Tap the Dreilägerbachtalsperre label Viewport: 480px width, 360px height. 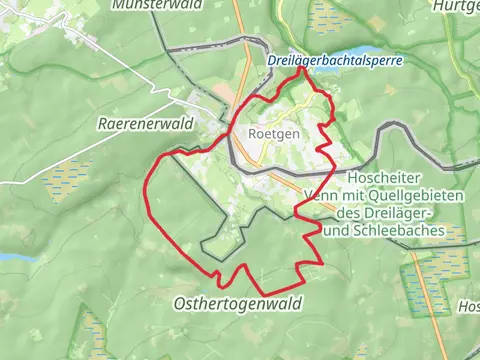335,61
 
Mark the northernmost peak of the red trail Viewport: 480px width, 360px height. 301,68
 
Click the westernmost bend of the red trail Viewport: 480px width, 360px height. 148,190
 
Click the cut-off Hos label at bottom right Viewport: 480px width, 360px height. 468,305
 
